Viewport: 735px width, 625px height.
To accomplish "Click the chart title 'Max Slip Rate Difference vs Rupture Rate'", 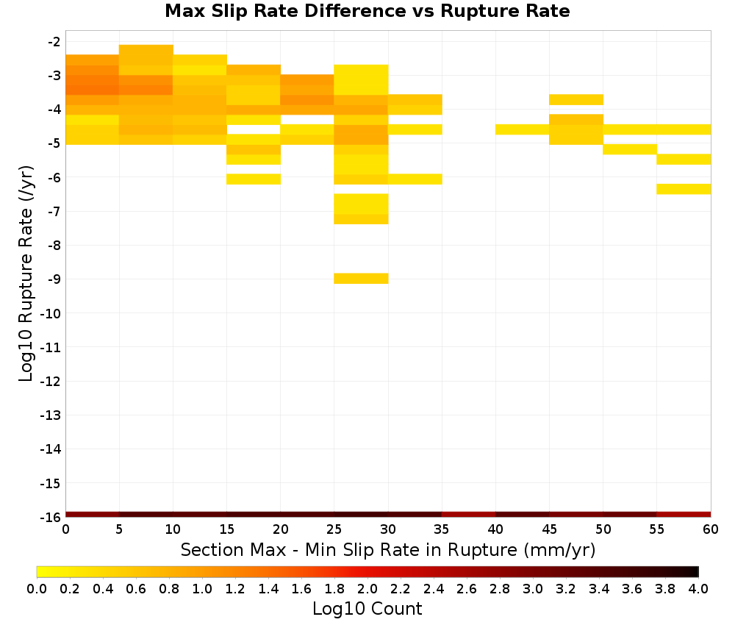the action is tap(367, 11).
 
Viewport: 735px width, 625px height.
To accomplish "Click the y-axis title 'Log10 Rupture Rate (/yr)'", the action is tap(26, 274).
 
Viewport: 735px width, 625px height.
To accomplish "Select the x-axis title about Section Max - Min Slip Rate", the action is tap(387, 550).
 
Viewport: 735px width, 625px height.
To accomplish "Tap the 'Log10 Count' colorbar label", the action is tap(367, 609).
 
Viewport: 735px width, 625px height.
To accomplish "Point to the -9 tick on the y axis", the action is tap(54, 279).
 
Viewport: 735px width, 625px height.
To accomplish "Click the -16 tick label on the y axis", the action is tap(51, 517).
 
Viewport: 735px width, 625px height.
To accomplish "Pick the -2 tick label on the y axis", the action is tap(54, 42).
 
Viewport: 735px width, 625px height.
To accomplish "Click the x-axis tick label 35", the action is tap(442, 529).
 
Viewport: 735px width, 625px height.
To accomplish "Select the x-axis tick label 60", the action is tap(711, 529).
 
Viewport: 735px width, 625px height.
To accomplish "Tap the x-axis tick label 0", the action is tap(65, 529).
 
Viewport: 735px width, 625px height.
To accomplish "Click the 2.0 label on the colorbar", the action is tap(367, 588).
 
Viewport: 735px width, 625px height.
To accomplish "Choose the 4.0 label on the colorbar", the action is tap(698, 588).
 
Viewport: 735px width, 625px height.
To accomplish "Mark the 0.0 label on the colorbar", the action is tap(37, 588).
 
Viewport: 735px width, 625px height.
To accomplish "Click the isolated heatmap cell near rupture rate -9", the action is tap(361, 279).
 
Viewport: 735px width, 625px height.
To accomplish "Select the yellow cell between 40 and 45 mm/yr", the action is tap(522, 129).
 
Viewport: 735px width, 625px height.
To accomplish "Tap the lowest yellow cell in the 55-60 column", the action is tap(684, 189).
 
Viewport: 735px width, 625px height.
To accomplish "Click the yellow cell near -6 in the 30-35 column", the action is tap(415, 179).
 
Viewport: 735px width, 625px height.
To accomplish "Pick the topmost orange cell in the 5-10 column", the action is tap(146, 50).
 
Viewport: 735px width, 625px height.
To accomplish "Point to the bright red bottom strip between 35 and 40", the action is tap(469, 515).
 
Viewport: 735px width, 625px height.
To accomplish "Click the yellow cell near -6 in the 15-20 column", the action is tap(254, 179).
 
